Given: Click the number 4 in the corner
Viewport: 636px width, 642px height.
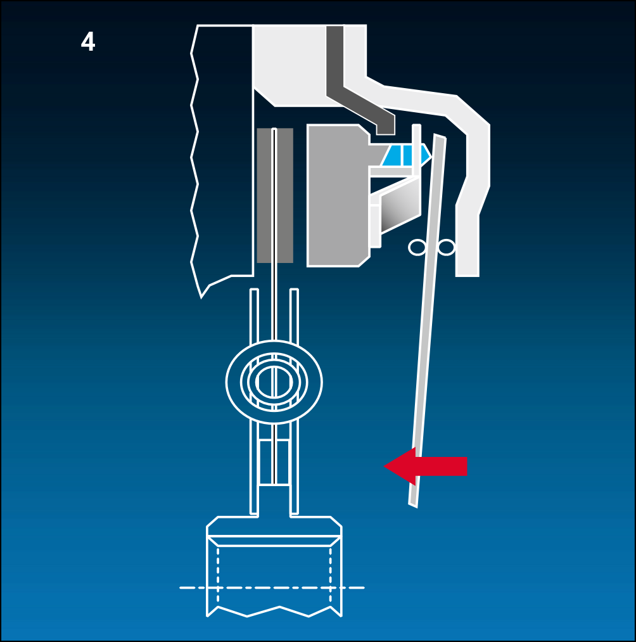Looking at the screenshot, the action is point(88,42).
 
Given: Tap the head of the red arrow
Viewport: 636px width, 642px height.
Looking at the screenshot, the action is point(385,466).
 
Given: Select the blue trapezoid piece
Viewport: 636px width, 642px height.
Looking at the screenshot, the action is point(406,155).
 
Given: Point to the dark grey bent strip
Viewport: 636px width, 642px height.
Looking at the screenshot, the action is point(352,90).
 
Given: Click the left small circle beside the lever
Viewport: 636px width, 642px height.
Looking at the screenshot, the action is point(417,247).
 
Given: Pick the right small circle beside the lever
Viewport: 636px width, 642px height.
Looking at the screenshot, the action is point(446,247).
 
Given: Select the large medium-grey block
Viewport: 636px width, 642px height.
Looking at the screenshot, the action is point(338,195).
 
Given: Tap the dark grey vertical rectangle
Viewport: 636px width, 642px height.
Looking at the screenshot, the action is point(275,195).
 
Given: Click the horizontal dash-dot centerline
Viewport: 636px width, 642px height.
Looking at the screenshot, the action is point(272,587).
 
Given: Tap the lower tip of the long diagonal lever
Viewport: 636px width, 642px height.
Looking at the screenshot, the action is point(413,506).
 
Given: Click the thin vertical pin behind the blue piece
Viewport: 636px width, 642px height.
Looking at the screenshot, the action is point(416,150).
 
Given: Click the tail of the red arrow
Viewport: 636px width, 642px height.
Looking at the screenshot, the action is point(467,466).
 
